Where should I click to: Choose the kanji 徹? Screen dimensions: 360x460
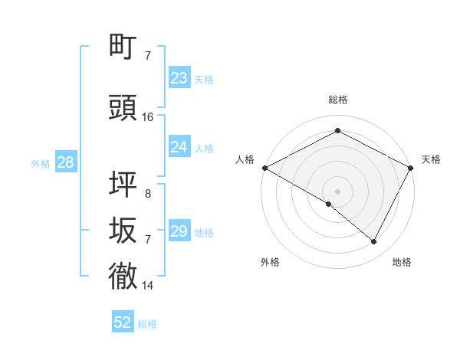click(x=123, y=276)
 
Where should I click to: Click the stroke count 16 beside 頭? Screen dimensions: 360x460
click(x=148, y=117)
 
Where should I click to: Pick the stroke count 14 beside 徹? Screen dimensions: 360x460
click(x=148, y=286)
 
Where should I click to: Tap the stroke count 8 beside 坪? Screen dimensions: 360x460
click(x=148, y=195)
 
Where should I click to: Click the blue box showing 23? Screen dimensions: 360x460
click(x=179, y=78)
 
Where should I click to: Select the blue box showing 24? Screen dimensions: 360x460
click(x=179, y=147)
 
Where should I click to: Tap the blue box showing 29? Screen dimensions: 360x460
click(x=179, y=231)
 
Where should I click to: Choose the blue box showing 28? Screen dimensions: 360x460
click(x=65, y=162)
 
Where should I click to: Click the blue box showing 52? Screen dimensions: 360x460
click(x=123, y=322)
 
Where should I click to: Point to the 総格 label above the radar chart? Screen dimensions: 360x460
click(x=337, y=100)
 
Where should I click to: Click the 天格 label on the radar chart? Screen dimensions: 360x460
click(x=431, y=159)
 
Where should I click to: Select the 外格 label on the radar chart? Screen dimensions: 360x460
click(x=270, y=262)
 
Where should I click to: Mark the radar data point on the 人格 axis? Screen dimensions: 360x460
click(x=264, y=168)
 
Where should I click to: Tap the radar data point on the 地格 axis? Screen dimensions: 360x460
click(x=374, y=241)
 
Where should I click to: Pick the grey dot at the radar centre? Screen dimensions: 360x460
click(x=337, y=191)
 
